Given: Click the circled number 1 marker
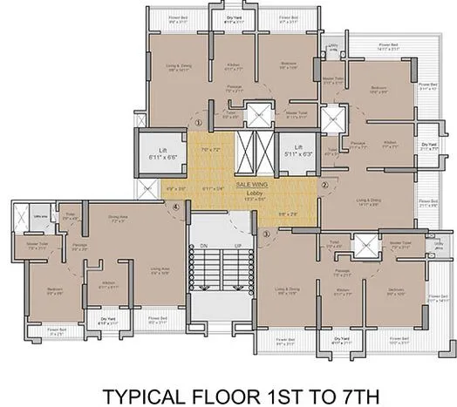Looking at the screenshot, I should [x=199, y=124].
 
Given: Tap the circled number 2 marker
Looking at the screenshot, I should [x=324, y=185].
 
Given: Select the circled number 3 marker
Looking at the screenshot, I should [x=266, y=234].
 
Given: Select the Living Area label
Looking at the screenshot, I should [x=159, y=270].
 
